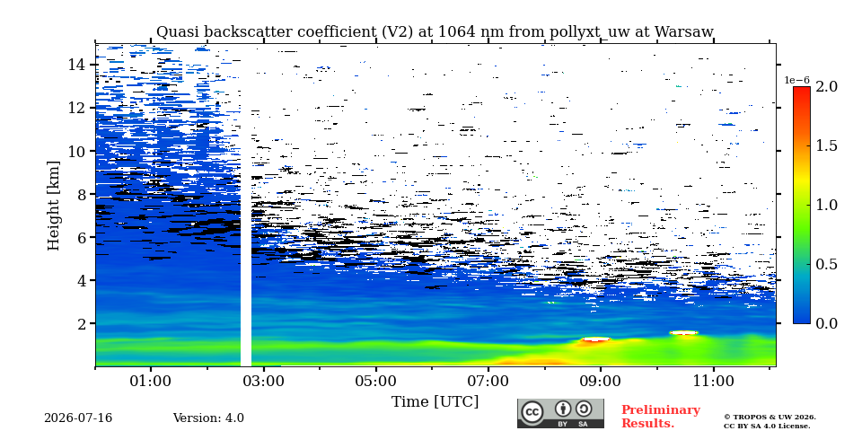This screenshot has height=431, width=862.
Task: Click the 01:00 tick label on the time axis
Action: pos(151,381)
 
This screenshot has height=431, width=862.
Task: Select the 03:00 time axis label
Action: pos(264,381)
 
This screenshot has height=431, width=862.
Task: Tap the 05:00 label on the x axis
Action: pos(376,381)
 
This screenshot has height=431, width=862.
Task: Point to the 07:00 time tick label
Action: pos(488,381)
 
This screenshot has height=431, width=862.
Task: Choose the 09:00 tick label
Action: pos(601,381)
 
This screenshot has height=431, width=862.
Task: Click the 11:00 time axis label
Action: pos(714,381)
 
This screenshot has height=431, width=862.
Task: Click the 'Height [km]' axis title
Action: pos(53,205)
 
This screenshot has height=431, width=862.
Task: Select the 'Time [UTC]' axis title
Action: pos(435,402)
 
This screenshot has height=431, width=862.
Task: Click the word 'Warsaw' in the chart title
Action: pos(684,32)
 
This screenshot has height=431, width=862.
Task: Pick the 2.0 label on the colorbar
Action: pos(826,86)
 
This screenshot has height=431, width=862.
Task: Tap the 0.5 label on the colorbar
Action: pos(826,264)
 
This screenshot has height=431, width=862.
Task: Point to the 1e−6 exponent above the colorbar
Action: pos(796,80)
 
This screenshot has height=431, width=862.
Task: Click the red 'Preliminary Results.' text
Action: pos(661,416)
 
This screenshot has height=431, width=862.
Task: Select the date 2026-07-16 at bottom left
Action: pos(78,418)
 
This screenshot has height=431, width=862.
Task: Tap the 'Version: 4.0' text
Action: pos(208,418)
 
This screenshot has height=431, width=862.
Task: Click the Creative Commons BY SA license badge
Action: pos(560,413)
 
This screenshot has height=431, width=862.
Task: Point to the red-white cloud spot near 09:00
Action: pos(596,339)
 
